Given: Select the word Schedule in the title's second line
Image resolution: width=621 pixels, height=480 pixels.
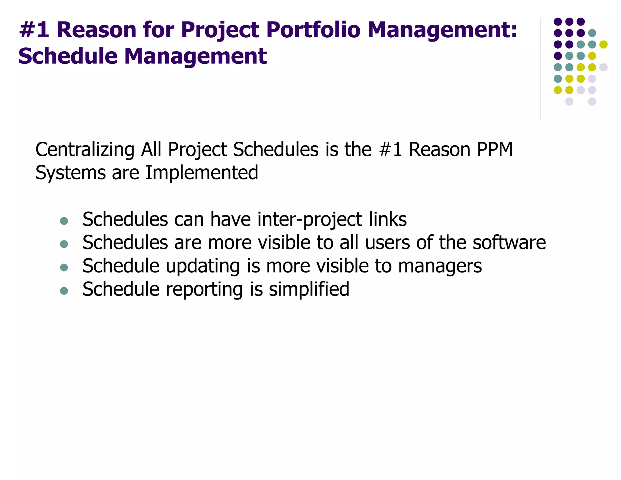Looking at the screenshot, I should click(68, 56).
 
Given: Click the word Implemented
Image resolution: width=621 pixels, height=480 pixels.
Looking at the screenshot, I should click(202, 173).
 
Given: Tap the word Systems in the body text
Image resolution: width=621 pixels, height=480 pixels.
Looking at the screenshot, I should click(70, 173).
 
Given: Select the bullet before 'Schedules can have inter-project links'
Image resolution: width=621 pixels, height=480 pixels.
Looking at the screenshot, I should click(64, 221).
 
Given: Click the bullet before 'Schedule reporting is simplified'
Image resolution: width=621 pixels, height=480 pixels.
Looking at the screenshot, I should click(64, 291).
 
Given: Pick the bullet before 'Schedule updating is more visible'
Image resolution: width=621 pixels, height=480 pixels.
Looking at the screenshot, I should click(64, 267).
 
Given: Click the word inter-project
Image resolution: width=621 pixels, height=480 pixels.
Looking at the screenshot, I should click(310, 220).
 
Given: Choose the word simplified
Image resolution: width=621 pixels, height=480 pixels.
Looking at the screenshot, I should click(309, 289).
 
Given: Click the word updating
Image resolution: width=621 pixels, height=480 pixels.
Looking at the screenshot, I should click(203, 266).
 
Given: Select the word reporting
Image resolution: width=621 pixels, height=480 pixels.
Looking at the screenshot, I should click(204, 289).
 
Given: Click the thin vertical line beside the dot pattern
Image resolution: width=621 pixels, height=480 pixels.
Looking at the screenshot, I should click(541, 70).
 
